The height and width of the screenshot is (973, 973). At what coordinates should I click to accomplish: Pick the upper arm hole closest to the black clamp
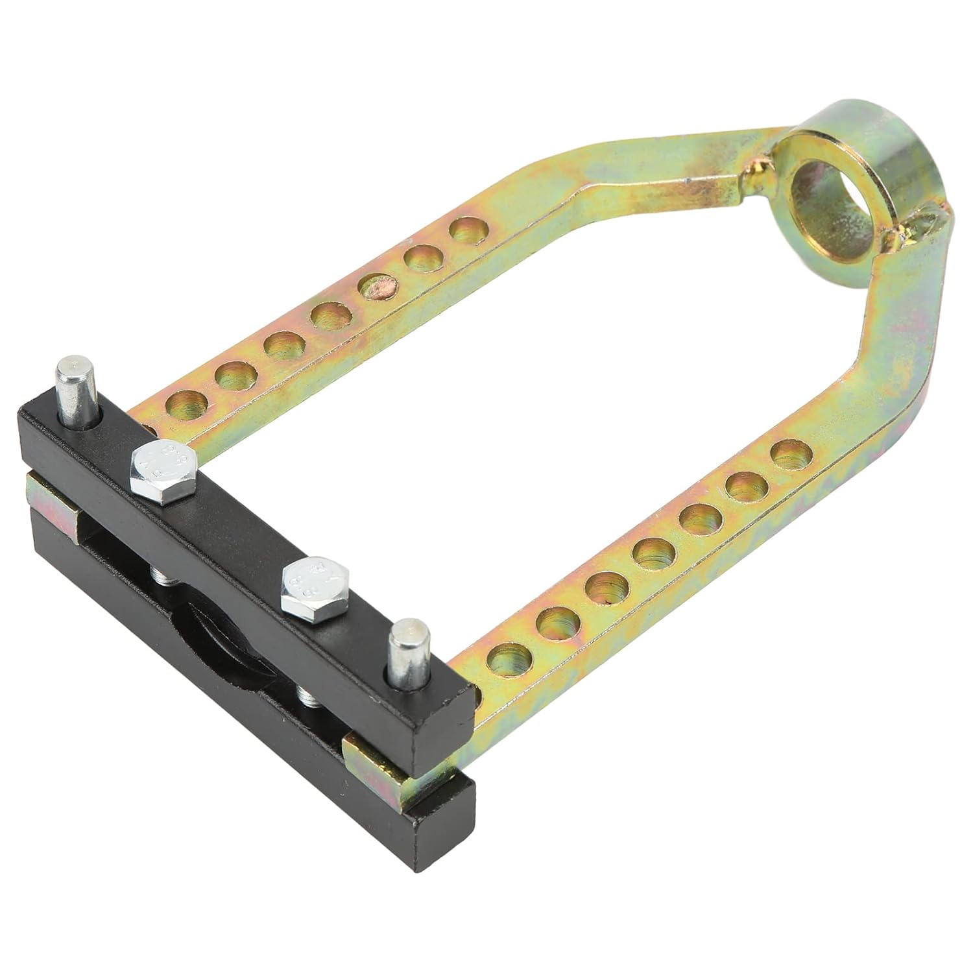pyautogui.click(x=187, y=406)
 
